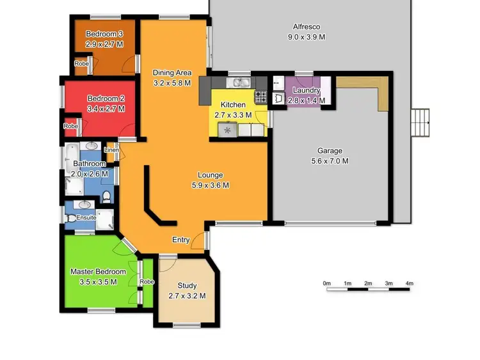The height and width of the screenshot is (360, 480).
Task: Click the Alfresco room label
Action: point(307,27)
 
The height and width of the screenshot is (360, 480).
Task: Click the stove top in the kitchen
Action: point(261,97)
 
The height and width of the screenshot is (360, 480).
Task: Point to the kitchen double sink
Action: point(241,82)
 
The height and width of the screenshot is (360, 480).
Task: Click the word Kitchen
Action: point(233,105)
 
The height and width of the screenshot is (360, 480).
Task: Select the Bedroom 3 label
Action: point(104,33)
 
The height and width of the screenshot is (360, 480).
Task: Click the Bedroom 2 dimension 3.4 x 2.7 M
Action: point(106,109)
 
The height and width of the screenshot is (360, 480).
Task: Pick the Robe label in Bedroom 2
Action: point(70,127)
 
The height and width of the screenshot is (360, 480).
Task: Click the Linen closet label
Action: point(112,150)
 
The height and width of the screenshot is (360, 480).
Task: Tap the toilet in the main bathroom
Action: point(106,195)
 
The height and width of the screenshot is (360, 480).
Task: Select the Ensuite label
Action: point(86,218)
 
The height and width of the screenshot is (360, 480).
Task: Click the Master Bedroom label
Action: point(98,272)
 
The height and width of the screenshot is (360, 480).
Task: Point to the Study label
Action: point(186,286)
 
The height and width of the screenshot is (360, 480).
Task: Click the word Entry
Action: point(181,240)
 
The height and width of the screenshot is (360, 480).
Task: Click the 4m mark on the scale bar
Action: point(409,283)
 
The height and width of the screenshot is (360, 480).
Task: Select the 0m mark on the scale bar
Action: point(326,283)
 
